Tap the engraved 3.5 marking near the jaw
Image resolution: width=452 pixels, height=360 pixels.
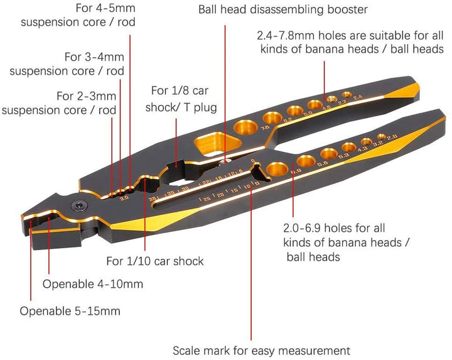124,198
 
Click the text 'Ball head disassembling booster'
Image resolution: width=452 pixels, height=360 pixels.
282,9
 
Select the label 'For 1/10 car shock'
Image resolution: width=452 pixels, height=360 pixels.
154,261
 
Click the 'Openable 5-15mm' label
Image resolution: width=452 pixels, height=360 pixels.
70,311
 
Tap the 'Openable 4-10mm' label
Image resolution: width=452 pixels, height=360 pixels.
93,284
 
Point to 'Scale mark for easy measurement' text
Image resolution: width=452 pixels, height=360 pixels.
261,350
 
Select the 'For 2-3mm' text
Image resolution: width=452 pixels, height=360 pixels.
86,96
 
